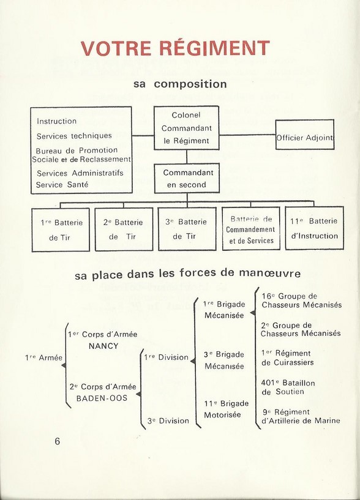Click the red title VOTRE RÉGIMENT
[x=175, y=48]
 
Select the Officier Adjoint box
[x=305, y=135]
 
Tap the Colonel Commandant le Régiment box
[x=186, y=128]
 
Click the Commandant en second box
[x=187, y=178]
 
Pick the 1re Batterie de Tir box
[x=61, y=229]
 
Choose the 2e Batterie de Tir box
[x=124, y=229]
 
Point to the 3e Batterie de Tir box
[x=187, y=229]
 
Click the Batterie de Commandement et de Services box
[x=251, y=229]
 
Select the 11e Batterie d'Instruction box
[x=314, y=228]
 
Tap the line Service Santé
[x=62, y=185]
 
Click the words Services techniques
[x=74, y=136]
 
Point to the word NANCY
[x=103, y=346]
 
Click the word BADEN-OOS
[x=102, y=398]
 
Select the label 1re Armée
[x=43, y=358]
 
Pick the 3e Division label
[x=168, y=421]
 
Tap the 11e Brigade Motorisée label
[x=227, y=409]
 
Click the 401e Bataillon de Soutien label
[x=288, y=387]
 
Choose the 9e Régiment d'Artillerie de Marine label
[x=301, y=416]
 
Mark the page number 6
[x=58, y=441]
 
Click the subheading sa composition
[x=181, y=84]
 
